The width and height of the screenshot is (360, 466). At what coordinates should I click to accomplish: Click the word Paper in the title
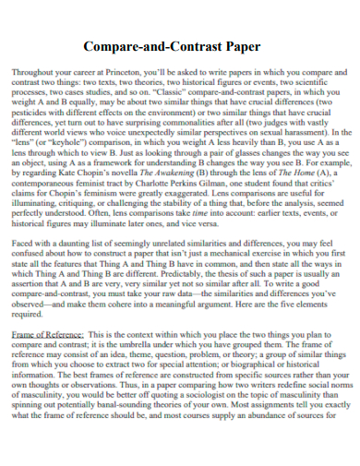(242, 45)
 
